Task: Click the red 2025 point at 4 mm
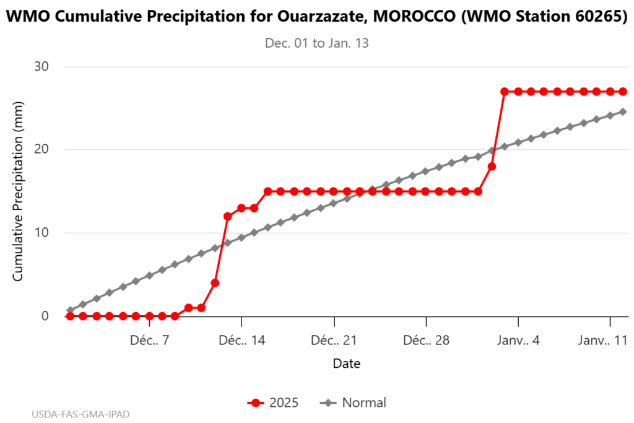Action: (x=215, y=283)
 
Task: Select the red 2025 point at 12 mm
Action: (x=228, y=216)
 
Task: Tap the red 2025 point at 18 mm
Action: (x=492, y=166)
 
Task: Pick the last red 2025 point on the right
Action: (x=623, y=92)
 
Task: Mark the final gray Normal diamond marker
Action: (x=623, y=111)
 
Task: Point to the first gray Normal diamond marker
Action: (x=70, y=310)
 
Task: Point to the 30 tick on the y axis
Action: (x=40, y=66)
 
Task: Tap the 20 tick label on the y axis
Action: (x=40, y=149)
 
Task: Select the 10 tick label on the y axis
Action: (x=40, y=233)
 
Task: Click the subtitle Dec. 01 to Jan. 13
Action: (x=317, y=43)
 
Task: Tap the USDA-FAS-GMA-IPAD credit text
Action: (x=81, y=413)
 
